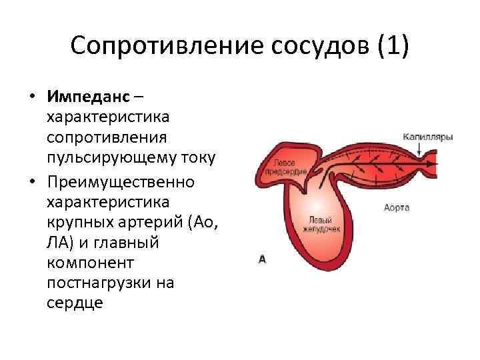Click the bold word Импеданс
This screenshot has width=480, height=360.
click(x=89, y=97)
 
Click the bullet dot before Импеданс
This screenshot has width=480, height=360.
click(x=31, y=97)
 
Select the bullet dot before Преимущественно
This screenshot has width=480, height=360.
click(x=31, y=182)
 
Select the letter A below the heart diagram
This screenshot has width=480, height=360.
click(x=262, y=259)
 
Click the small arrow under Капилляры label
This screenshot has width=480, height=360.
click(x=419, y=151)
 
